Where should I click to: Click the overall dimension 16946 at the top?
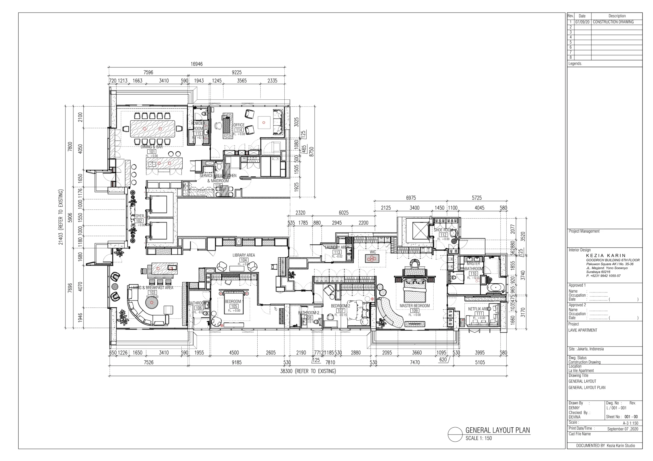(x=196, y=64)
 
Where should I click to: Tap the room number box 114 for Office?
(x=239, y=130)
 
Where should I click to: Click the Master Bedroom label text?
(x=415, y=306)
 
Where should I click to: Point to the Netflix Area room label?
(x=479, y=309)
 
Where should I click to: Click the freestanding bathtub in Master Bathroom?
(x=495, y=288)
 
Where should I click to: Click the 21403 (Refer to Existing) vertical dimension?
(x=60, y=217)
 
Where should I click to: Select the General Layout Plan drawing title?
(x=497, y=430)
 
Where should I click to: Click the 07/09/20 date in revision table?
(x=582, y=22)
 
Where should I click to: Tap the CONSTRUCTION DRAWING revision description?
(x=613, y=22)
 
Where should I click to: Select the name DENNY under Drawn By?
(x=574, y=408)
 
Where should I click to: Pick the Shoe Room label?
(x=443, y=230)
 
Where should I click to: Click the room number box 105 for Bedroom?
(x=234, y=306)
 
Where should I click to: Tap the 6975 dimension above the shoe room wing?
(x=411, y=198)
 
